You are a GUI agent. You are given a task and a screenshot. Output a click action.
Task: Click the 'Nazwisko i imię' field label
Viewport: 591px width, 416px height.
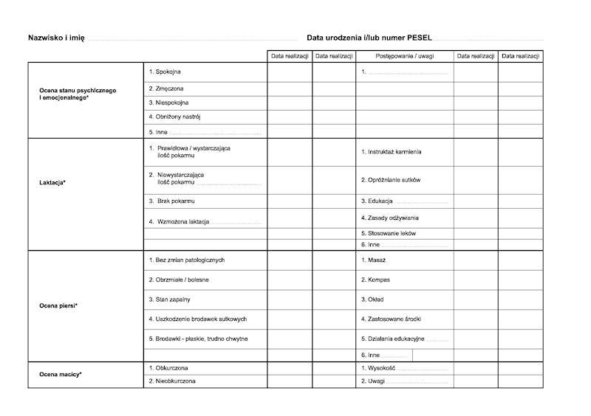click(x=56, y=38)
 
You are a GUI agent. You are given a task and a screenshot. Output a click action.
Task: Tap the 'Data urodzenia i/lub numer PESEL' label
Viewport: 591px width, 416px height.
click(x=369, y=38)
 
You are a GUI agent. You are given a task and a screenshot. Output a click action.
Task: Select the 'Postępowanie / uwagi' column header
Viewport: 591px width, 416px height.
click(x=404, y=56)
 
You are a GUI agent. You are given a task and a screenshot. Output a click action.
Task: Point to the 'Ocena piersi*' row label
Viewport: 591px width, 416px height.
click(x=58, y=305)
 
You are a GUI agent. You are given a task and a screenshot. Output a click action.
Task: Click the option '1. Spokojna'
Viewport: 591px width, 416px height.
click(x=165, y=72)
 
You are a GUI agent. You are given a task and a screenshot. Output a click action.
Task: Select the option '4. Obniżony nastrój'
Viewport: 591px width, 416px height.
click(x=175, y=117)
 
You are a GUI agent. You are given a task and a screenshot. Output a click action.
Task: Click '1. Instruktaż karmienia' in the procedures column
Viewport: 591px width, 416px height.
click(x=392, y=152)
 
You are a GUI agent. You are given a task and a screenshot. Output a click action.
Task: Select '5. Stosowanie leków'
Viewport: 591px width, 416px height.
click(x=388, y=233)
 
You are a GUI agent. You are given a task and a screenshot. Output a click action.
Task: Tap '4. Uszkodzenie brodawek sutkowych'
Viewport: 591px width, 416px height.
click(x=197, y=319)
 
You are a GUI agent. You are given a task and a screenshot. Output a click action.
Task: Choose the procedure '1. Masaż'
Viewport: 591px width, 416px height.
click(x=373, y=260)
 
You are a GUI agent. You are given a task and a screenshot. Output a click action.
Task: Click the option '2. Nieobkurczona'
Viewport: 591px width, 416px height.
click(x=172, y=381)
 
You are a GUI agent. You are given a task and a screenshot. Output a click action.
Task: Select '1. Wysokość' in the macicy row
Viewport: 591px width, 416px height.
click(x=378, y=367)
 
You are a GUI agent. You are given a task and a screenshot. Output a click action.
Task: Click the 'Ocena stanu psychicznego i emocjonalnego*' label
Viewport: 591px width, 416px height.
click(x=78, y=94)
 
